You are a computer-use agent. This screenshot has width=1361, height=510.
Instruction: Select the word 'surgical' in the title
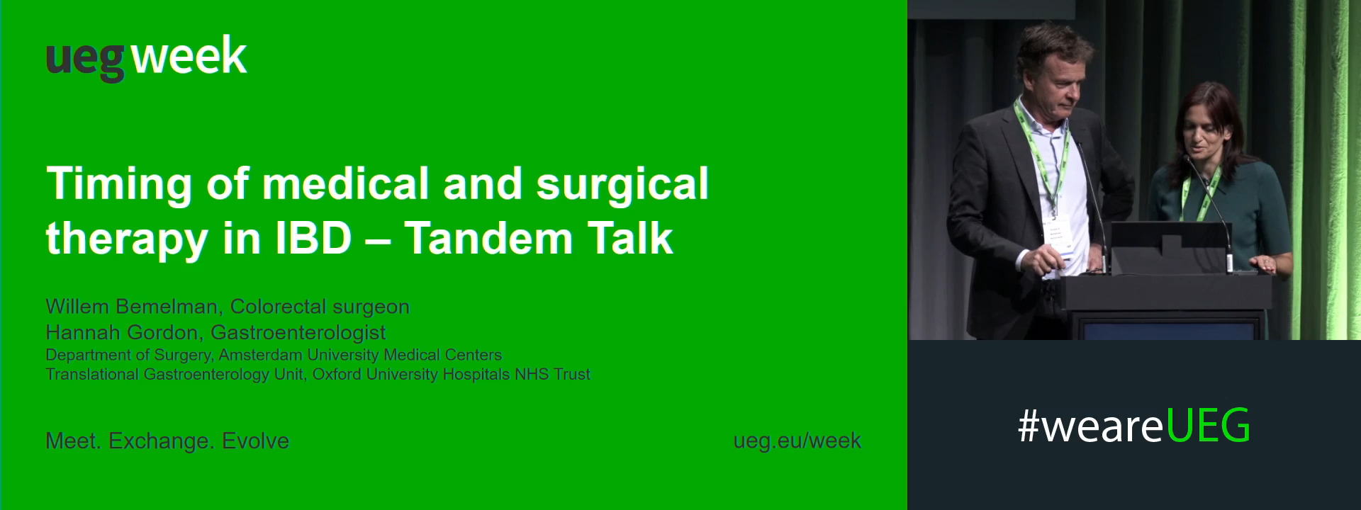coord(622,184)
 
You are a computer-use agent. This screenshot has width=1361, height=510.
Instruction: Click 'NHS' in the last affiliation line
coord(531,374)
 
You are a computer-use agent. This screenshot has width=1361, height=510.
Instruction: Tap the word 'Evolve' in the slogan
coord(255,441)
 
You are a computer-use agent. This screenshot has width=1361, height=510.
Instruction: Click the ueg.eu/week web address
coord(797,441)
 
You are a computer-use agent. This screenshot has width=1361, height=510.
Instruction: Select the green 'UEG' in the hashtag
coord(1207,426)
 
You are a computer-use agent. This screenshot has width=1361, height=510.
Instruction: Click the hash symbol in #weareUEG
coord(1029,426)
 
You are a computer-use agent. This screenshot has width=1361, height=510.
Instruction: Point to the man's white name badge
coord(1055,234)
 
